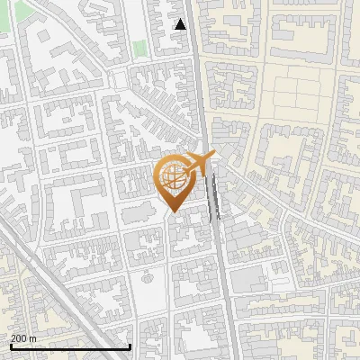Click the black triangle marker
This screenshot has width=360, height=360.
[181, 24]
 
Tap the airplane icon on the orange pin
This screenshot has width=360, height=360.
[197, 164]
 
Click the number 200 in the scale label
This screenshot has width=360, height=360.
[19, 338]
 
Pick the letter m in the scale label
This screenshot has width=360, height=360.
[33, 338]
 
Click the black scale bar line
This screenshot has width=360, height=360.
[70, 346]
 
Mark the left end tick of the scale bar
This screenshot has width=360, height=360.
[10, 346]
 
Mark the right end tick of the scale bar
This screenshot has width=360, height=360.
[130, 346]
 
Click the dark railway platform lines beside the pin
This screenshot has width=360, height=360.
[213, 198]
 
